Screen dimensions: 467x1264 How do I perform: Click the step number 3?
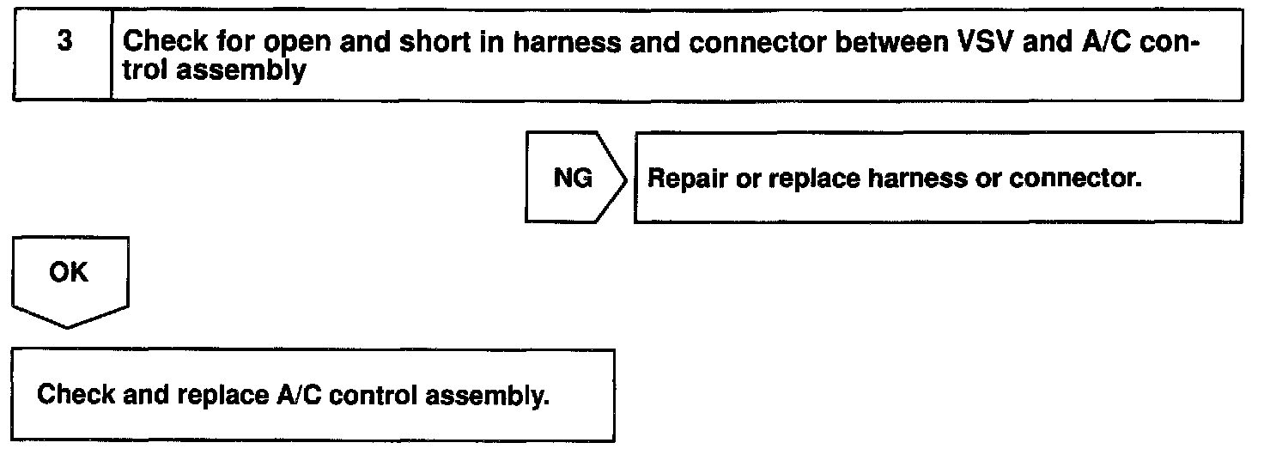64,43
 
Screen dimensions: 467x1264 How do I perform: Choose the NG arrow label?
573,179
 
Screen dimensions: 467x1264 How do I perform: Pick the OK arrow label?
69,274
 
